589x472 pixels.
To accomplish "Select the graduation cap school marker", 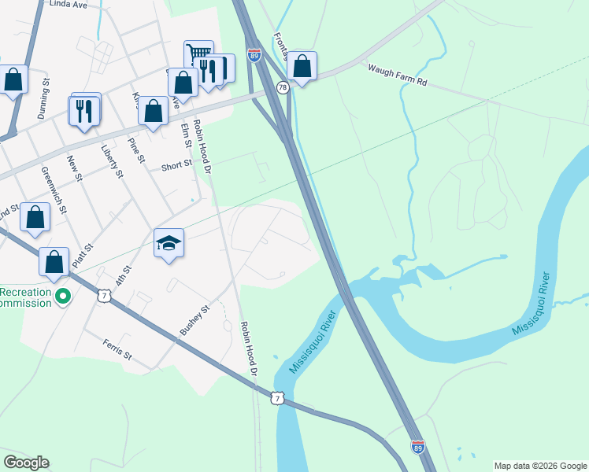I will click(x=169, y=244).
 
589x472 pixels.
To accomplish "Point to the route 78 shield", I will click(x=282, y=87).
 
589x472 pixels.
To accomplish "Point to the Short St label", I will click(x=176, y=165).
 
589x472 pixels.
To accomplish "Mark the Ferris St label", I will click(x=117, y=350).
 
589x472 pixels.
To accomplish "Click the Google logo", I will click(x=26, y=463).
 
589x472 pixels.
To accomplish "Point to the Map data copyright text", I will click(x=540, y=466).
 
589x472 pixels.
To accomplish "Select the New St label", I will click(x=75, y=167).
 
